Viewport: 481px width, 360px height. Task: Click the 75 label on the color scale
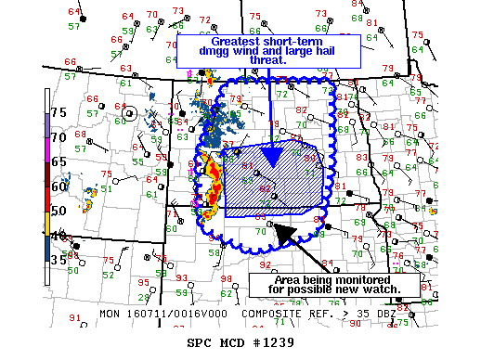(x=58, y=111)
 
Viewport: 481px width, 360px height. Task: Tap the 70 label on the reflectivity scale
(x=58, y=136)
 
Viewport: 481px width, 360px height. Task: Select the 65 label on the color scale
(x=58, y=161)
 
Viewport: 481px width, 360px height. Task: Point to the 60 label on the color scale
(x=58, y=186)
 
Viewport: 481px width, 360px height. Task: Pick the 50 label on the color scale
(x=58, y=211)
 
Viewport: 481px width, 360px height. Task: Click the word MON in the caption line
(x=110, y=314)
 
